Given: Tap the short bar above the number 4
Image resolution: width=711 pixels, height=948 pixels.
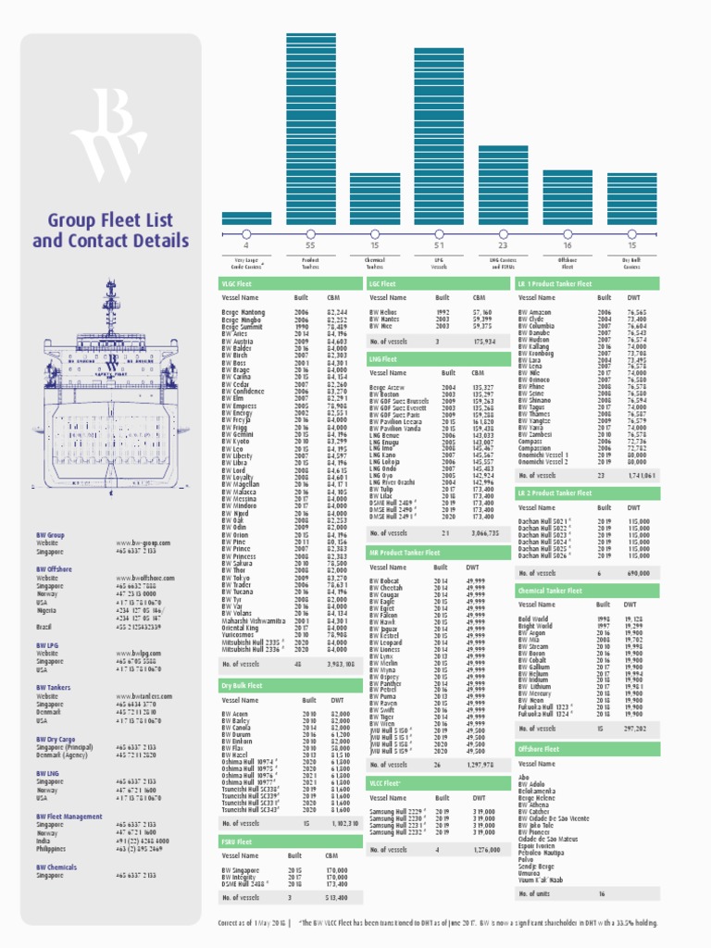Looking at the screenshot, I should point(246,218).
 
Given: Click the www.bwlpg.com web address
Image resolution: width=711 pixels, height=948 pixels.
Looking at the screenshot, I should point(139,653).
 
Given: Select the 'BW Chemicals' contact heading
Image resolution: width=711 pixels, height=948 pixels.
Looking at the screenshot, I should point(56,867).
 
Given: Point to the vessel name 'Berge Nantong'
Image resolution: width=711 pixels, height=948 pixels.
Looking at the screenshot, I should point(243,313).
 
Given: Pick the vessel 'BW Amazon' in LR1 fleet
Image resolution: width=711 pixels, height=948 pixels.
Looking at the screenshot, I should point(535,313).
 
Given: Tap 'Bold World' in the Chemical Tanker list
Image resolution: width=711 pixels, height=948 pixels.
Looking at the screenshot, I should point(535,617).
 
